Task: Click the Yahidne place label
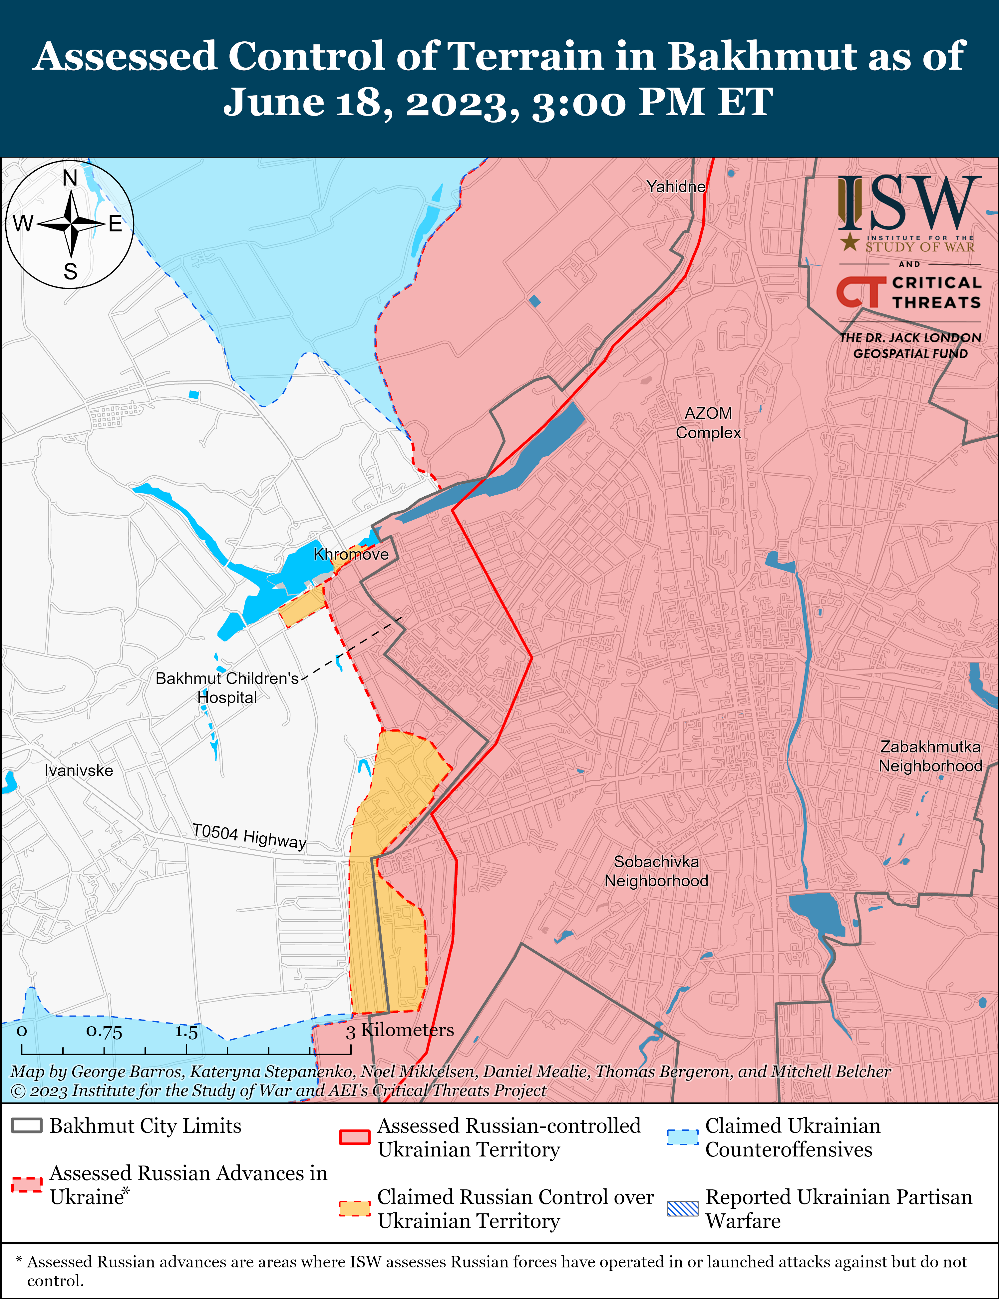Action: tap(676, 187)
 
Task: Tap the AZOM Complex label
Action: tap(708, 423)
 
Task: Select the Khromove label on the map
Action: tap(351, 554)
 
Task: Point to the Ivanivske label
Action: tap(79, 771)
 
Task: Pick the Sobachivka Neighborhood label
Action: tap(656, 871)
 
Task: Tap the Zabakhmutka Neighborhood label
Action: tap(930, 756)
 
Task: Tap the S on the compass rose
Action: tap(70, 272)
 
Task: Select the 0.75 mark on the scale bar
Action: tap(104, 1031)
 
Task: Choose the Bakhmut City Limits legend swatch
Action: tap(27, 1126)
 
